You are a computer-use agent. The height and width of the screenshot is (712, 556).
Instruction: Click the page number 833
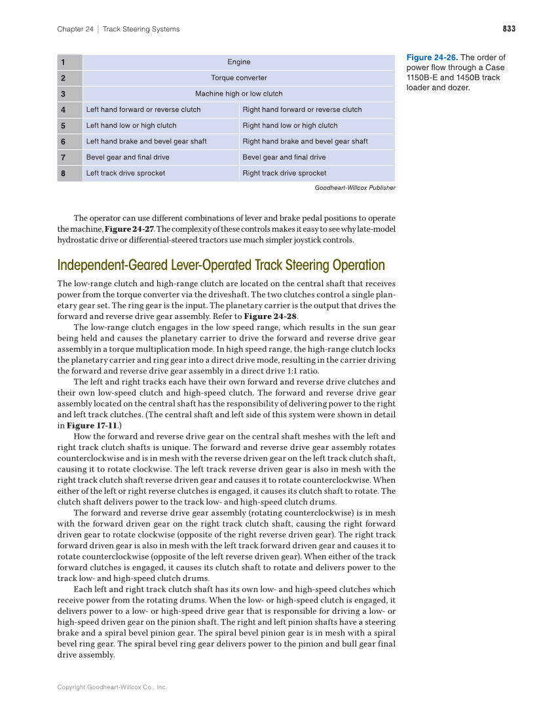(509, 29)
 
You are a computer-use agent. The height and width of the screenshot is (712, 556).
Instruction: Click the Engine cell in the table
(238, 62)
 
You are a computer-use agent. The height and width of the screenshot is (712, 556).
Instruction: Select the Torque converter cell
(238, 78)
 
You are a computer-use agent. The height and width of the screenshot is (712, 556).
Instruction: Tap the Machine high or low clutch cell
(238, 94)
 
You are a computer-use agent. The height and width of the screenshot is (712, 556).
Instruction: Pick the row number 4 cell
(69, 109)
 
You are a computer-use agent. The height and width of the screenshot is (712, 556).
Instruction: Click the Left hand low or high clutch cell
(131, 126)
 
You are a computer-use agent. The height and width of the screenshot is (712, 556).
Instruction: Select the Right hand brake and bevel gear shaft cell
(305, 141)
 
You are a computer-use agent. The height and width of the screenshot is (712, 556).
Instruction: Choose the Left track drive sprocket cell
(125, 174)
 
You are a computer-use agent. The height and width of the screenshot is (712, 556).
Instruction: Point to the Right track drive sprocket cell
(284, 174)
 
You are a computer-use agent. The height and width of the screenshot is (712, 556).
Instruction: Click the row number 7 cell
(69, 157)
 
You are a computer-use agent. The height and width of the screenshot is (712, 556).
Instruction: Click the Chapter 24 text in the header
(75, 29)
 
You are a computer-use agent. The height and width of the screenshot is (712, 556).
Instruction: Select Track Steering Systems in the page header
(141, 29)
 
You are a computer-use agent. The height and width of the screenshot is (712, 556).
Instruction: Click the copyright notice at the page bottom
(112, 687)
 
